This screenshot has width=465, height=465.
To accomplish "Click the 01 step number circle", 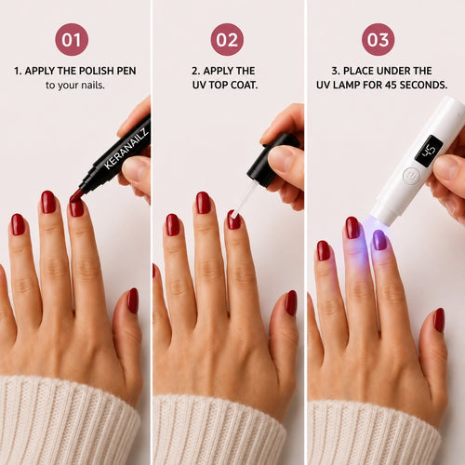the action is pos(72,39).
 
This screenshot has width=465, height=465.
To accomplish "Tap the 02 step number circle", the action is pos(227,39).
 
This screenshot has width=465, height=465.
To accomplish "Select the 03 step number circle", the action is pos(379,39).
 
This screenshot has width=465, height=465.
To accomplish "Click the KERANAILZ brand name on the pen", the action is pos(126,149).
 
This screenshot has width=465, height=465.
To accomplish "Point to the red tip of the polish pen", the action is pos(76,196).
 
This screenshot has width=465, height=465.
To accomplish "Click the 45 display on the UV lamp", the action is pos(429,151).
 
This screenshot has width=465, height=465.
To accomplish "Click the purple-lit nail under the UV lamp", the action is pos(379,240).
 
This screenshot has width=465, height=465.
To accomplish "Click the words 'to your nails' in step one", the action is pos(75,85).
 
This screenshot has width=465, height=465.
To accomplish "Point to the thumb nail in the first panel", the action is pos(133,300).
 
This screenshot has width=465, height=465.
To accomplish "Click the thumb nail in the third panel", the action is pos(439,321).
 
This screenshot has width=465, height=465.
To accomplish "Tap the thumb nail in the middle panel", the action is pos(291,303).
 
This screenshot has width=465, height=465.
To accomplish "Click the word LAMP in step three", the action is pos(346,85).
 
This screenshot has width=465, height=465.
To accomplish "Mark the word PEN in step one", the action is pos(126,71).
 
